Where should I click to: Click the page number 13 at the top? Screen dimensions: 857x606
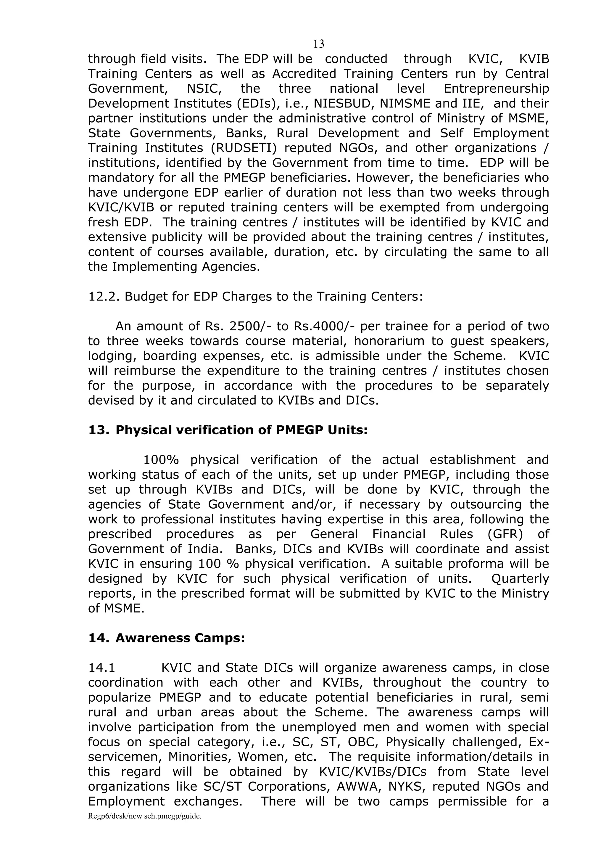coord(318,44)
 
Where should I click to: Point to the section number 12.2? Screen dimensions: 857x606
coord(103,296)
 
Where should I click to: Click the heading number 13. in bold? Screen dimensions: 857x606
coord(99,430)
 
